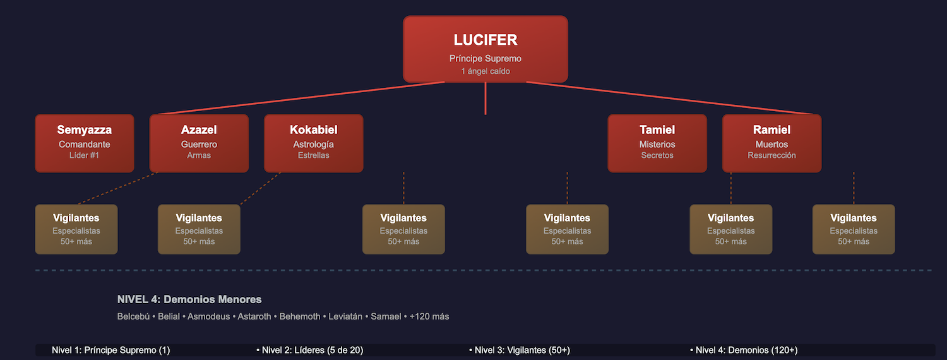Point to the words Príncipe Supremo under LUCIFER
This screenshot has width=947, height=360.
click(x=485, y=59)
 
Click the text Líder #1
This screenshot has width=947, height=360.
click(x=85, y=155)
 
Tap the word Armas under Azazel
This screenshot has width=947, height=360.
click(x=199, y=155)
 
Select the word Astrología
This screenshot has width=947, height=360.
click(x=313, y=145)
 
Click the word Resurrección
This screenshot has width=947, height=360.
click(x=771, y=155)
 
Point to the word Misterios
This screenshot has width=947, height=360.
click(x=657, y=145)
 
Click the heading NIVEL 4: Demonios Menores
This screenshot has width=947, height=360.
click(x=189, y=299)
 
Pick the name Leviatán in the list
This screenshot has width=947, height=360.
click(x=345, y=316)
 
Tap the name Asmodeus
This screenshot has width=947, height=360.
click(x=208, y=316)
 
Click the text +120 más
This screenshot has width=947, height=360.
click(x=429, y=316)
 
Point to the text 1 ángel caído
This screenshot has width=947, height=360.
click(x=485, y=71)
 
